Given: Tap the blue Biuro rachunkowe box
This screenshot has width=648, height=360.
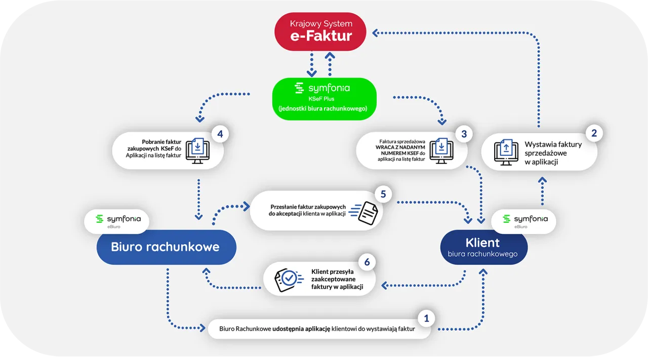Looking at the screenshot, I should coord(166,247).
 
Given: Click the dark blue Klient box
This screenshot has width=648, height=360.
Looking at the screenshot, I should coord(482,247).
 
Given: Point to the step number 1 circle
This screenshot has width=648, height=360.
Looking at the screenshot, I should coord(426,318).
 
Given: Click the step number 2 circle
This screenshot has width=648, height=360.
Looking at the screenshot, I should coord(594,134).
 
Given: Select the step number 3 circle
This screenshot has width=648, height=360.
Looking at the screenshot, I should coord(464,134).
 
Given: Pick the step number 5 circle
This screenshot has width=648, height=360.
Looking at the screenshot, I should coord(383,193).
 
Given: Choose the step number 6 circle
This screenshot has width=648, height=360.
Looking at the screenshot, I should coord(367,262).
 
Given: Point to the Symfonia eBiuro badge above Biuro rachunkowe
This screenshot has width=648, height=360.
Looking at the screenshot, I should coord(116,221).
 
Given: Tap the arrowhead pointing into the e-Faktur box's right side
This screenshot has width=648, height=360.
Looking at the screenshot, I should coord(375,33).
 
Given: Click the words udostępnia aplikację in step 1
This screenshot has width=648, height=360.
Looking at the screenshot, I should coord(301,329).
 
